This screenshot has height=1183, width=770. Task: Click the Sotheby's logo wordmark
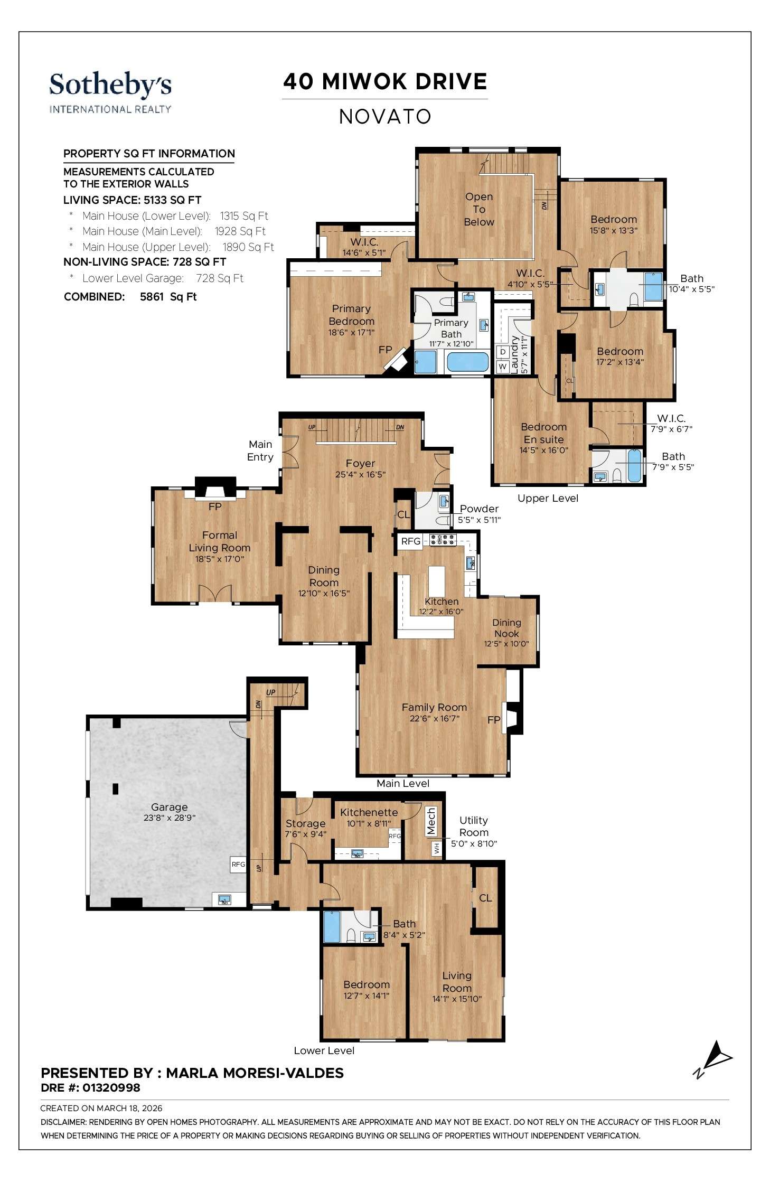[x=110, y=86]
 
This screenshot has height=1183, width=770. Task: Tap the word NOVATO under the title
[x=385, y=117]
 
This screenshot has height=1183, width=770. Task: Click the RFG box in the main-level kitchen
[x=410, y=541]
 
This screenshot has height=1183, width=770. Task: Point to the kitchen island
[x=437, y=581]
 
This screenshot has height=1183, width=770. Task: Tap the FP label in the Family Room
[x=494, y=720]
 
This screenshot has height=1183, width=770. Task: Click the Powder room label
[x=479, y=509]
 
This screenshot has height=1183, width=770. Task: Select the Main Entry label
[x=260, y=450]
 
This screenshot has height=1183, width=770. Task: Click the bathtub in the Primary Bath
[x=467, y=362]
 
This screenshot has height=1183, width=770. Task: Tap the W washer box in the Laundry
[x=502, y=366]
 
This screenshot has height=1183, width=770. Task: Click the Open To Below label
[x=479, y=209]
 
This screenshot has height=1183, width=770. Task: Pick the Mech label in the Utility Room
[x=431, y=821]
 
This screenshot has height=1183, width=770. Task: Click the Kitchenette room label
[x=369, y=812]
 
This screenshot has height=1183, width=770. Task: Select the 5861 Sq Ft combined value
[x=168, y=297]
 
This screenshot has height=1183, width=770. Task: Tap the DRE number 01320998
[x=111, y=1087]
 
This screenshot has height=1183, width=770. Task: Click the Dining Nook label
[x=506, y=628]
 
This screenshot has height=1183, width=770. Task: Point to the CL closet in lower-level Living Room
[x=485, y=898]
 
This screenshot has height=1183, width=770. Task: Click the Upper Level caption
[x=548, y=498]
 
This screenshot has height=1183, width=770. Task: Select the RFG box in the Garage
[x=238, y=865]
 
